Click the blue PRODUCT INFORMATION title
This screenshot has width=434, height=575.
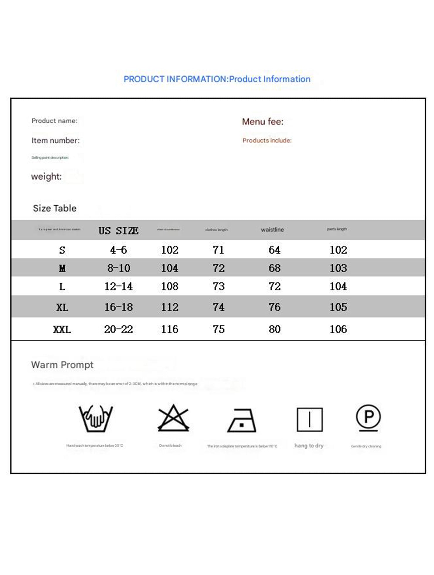pyautogui.click(x=217, y=79)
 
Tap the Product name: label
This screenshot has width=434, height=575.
pyautogui.click(x=54, y=121)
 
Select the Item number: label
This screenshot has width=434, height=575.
pyautogui.click(x=56, y=140)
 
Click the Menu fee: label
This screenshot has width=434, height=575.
pyautogui.click(x=263, y=122)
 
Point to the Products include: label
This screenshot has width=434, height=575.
pyautogui.click(x=267, y=140)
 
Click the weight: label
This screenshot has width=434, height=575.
pyautogui.click(x=46, y=176)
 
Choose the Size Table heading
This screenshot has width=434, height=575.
pyautogui.click(x=54, y=208)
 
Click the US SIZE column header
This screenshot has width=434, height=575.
pyautogui.click(x=118, y=230)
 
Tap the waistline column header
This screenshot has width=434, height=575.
pyautogui.click(x=272, y=230)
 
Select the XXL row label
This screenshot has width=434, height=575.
pyautogui.click(x=62, y=330)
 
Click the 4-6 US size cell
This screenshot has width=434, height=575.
pyautogui.click(x=118, y=250)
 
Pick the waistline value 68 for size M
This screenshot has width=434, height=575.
pyautogui.click(x=274, y=268)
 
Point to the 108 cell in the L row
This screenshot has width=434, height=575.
pyautogui.click(x=170, y=286)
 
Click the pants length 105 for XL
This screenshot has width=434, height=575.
pyautogui.click(x=338, y=307)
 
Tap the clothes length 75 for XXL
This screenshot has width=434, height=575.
pyautogui.click(x=218, y=329)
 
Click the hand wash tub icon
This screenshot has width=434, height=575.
pyautogui.click(x=95, y=419)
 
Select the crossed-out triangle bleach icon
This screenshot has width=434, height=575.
pyautogui.click(x=173, y=418)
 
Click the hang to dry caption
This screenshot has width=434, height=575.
pyautogui.click(x=309, y=445)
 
